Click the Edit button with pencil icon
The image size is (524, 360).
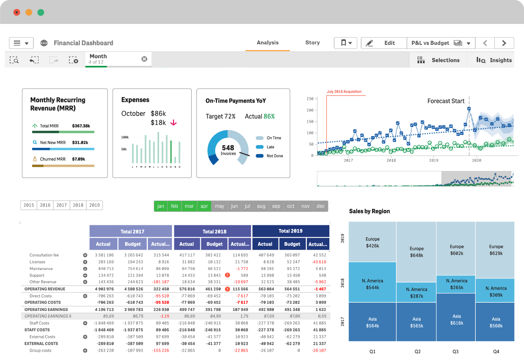(384, 43)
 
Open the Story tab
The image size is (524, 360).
(312, 43)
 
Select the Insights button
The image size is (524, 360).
(494, 60)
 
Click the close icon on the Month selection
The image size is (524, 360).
(144, 59)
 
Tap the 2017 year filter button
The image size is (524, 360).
(62, 205)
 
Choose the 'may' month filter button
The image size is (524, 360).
(219, 206)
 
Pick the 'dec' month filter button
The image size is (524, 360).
(320, 206)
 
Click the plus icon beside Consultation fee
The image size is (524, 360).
(85, 255)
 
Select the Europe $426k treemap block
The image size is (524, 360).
(372, 242)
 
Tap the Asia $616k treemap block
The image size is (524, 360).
(456, 319)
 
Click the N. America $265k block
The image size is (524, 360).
(456, 284)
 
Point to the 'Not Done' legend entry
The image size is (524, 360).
(274, 156)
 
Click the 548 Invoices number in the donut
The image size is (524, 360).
(228, 148)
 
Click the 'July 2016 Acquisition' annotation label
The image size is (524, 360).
(344, 91)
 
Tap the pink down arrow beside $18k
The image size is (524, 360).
(174, 123)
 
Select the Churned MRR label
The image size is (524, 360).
(52, 159)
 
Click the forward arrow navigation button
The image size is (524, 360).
(504, 43)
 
